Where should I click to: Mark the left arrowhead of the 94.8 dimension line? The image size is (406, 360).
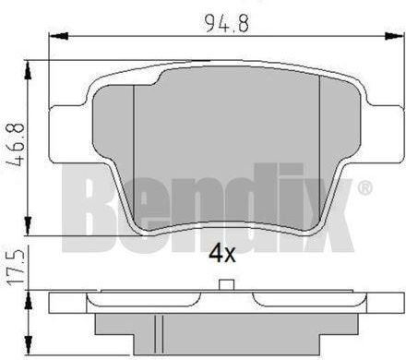[51, 37]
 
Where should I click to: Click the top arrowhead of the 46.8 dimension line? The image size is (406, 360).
[32, 65]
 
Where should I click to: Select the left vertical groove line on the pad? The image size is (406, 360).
[135, 148]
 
